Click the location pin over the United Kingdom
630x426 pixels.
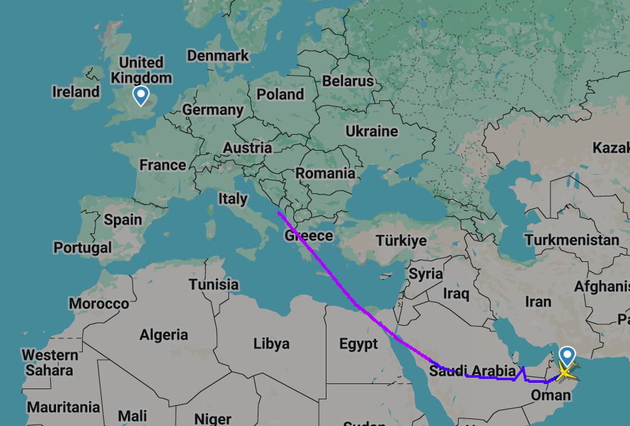141,95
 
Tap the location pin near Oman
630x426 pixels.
566,355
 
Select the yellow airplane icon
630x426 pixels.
566,371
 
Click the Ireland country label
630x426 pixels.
76,92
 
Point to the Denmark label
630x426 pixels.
218,56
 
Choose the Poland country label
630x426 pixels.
280,95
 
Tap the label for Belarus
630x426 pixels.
348,81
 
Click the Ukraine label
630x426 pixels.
372,132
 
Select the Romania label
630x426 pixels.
325,173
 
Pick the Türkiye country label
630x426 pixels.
401,241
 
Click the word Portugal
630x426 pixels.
83,247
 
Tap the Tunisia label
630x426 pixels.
214,284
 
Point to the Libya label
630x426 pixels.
271,344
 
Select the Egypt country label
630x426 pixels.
358,344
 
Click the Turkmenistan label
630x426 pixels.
572,240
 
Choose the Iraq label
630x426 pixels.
456,294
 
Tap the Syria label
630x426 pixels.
426,274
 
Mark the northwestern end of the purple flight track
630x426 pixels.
279,212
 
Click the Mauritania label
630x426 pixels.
64,407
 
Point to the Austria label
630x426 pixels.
248,148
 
